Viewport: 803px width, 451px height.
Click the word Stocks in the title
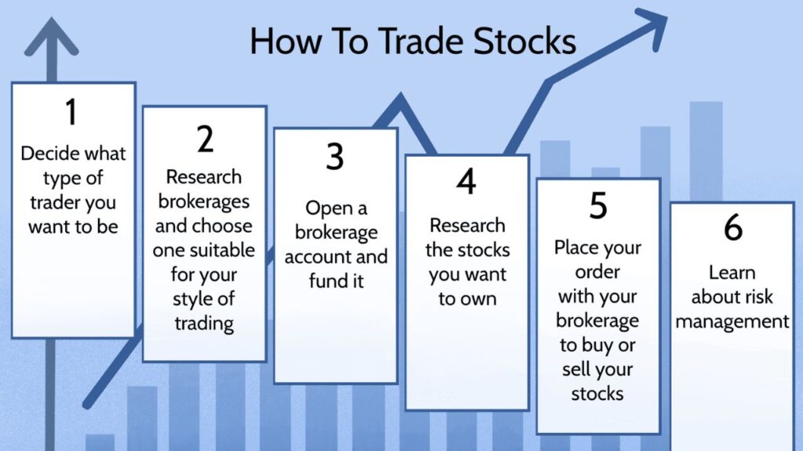click(x=525, y=41)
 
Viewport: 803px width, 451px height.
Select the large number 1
click(x=71, y=112)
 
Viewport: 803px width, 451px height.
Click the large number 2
click(x=205, y=139)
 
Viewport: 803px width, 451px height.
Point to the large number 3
click(x=335, y=157)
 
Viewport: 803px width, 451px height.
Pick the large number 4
click(x=466, y=182)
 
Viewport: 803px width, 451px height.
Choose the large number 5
click(x=598, y=206)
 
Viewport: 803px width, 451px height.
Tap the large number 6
click(x=733, y=228)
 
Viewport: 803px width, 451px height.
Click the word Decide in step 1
click(x=45, y=153)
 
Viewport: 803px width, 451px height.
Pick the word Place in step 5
click(x=575, y=247)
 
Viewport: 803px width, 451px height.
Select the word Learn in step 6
click(x=732, y=273)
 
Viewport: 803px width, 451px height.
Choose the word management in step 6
click(x=732, y=322)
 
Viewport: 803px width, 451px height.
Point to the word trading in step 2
click(x=205, y=324)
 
